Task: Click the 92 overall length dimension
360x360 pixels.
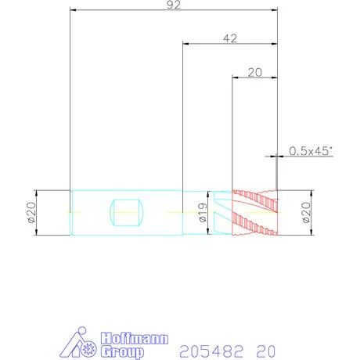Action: [174, 5]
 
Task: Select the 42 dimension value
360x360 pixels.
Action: [230, 38]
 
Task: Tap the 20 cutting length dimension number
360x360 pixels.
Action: [254, 72]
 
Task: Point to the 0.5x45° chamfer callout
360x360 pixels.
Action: [311, 151]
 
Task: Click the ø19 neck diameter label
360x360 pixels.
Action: [203, 212]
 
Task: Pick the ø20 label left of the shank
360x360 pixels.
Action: [31, 212]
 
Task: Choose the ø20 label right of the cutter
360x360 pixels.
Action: [306, 212]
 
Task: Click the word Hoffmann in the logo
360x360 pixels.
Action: [135, 338]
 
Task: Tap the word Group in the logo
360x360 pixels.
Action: [122, 351]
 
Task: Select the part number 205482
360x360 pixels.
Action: [211, 351]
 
